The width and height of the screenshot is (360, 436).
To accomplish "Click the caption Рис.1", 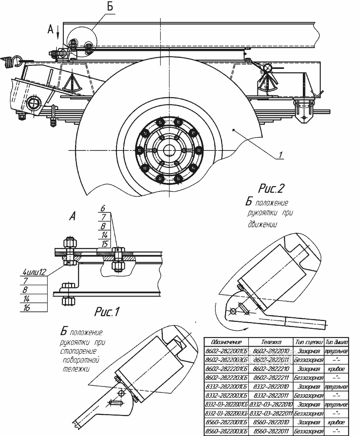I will [107, 312].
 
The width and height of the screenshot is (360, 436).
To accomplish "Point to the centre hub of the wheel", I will [168, 150].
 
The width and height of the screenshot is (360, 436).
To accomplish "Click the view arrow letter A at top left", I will [50, 29].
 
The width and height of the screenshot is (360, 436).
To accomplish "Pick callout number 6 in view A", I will [103, 209].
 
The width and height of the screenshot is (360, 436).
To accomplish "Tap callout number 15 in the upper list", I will [105, 244].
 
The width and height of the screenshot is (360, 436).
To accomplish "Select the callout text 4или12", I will [34, 272].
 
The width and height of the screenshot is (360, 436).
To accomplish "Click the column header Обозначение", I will [226, 343].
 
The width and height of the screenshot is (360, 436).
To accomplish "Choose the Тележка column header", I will [271, 343].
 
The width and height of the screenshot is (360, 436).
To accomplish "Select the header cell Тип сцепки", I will [309, 343].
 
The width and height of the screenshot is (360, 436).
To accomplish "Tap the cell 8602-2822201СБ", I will [226, 369].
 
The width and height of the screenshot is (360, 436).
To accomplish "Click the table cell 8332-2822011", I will [271, 395].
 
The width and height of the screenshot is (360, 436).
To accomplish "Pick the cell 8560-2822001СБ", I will [226, 422].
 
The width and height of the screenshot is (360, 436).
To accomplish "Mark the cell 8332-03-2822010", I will [271, 405].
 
